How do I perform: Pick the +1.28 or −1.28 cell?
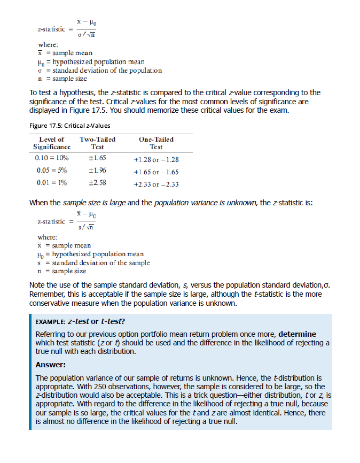[x=156, y=159]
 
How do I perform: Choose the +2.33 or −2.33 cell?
[x=156, y=184]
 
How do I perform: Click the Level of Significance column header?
[x=52, y=143]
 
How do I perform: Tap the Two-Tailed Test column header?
[x=97, y=143]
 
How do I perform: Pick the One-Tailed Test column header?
[x=156, y=143]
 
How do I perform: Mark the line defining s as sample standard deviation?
[x=93, y=263]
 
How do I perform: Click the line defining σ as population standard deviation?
[x=99, y=70]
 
